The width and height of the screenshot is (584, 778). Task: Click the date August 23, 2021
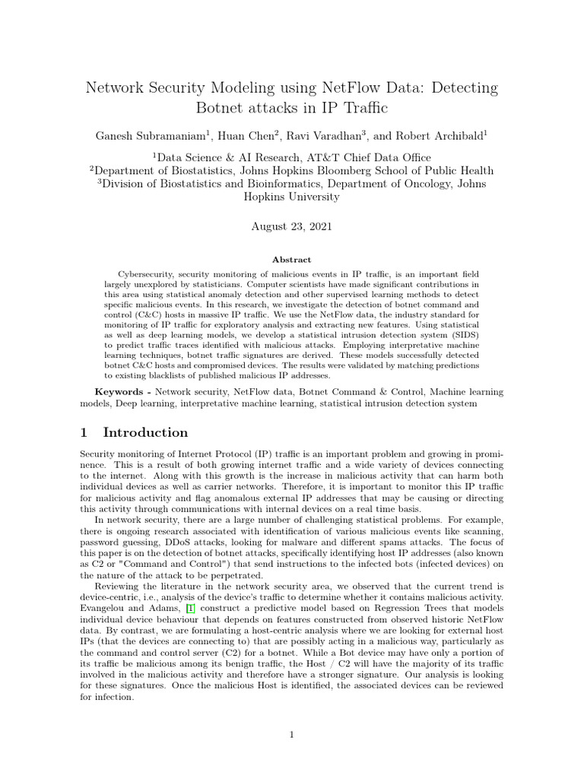coord(291,226)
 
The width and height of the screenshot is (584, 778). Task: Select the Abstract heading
coord(292,259)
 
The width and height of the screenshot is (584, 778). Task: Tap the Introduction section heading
coord(145,432)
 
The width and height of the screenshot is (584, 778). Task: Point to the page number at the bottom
coord(292,735)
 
